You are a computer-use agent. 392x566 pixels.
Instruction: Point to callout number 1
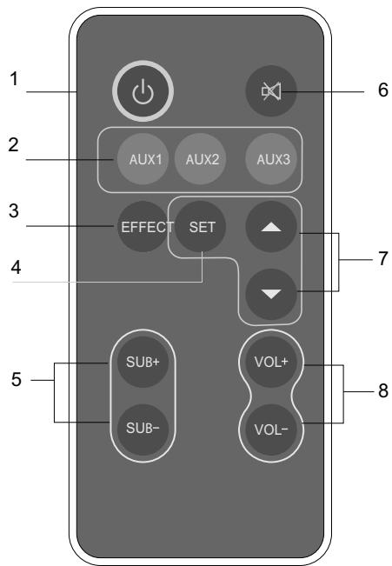(x=13, y=79)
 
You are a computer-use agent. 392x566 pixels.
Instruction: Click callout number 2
(x=13, y=144)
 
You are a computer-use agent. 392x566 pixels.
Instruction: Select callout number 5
(x=13, y=383)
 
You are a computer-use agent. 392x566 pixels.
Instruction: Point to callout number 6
(x=382, y=90)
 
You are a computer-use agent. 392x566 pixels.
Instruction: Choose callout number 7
(x=382, y=260)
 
